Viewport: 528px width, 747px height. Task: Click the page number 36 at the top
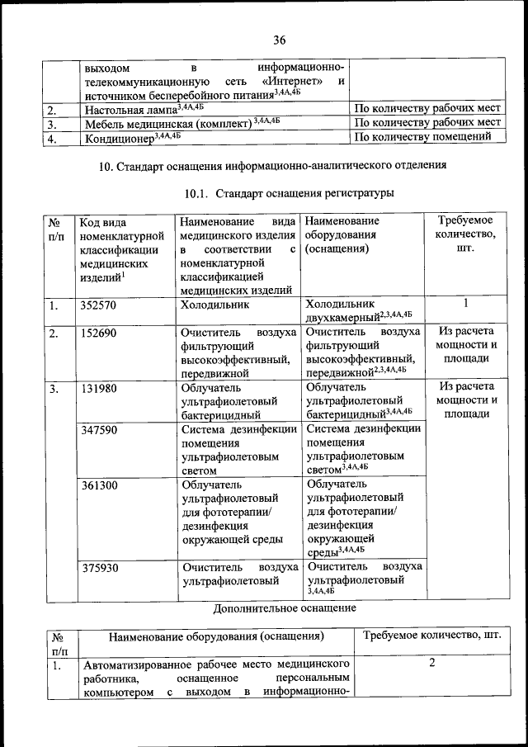click(279, 40)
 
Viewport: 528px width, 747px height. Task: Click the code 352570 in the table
click(98, 305)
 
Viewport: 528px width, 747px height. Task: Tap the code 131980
click(98, 387)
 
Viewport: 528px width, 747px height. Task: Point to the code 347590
click(98, 430)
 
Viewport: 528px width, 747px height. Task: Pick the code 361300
click(98, 485)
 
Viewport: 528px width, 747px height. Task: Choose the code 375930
click(98, 568)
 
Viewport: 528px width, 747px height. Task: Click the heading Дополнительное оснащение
click(285, 608)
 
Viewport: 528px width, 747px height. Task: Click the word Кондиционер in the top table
click(119, 138)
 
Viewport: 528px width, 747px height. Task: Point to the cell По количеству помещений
click(427, 137)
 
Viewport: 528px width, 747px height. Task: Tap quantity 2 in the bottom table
click(432, 662)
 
